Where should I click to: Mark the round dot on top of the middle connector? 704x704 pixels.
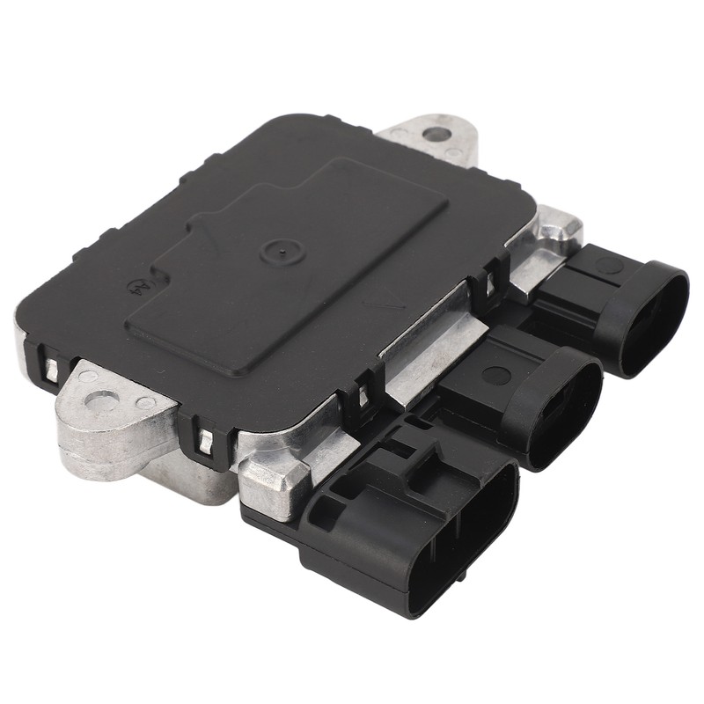[497, 375]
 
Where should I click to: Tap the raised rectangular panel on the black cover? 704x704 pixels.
[290, 255]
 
